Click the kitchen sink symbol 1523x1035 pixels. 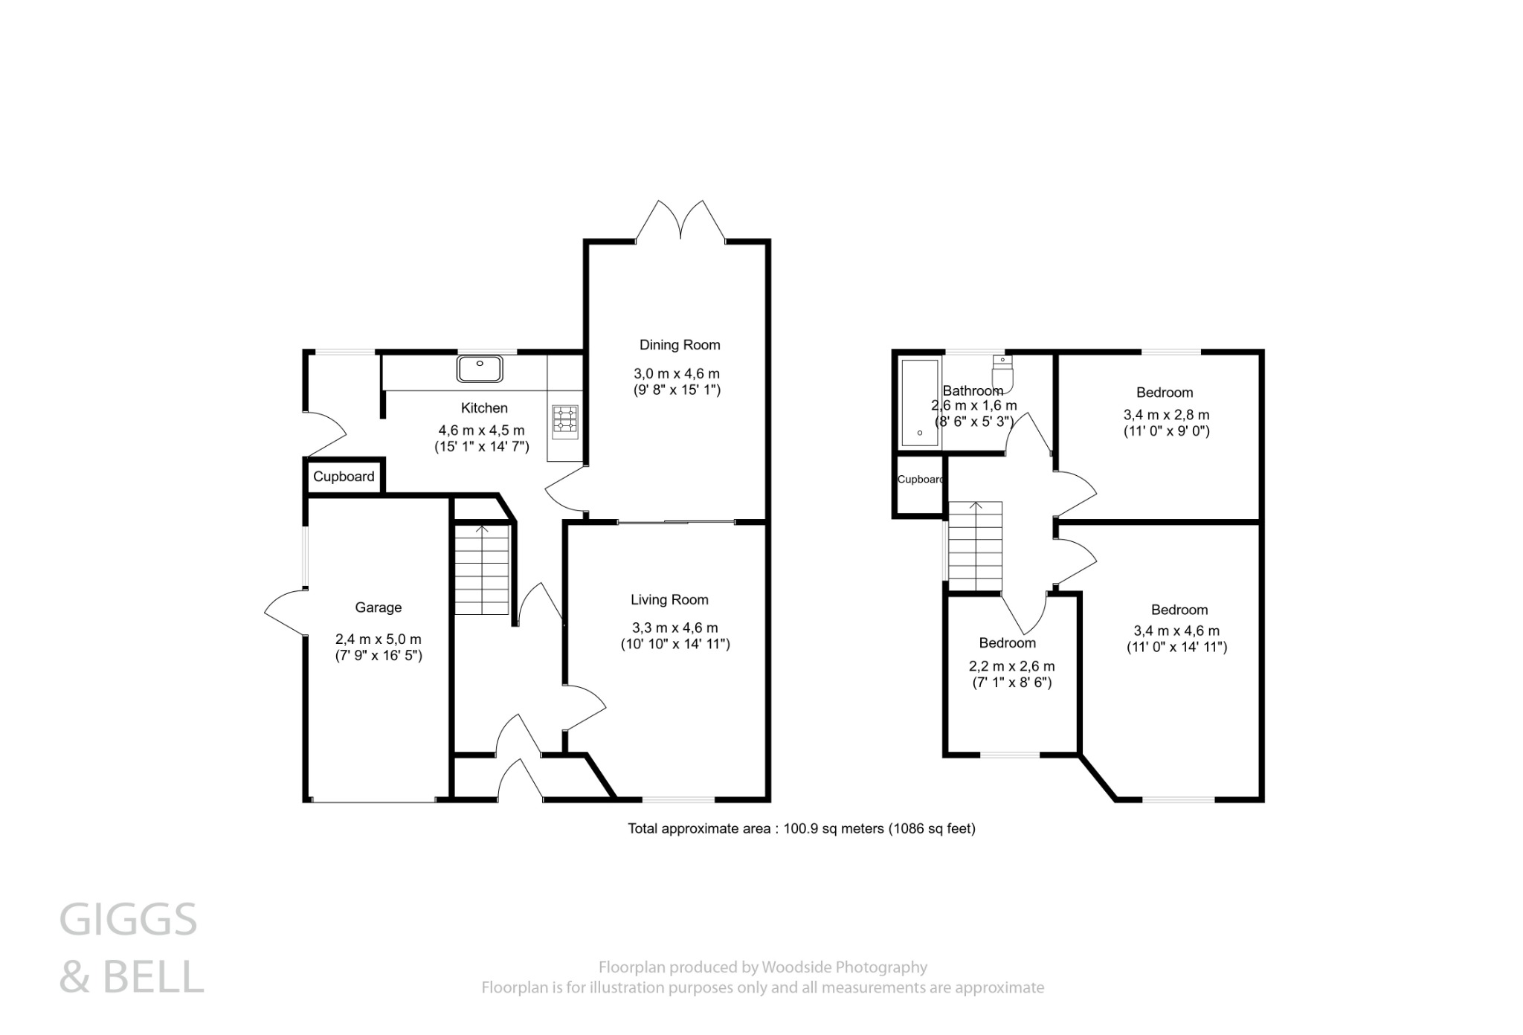click(480, 369)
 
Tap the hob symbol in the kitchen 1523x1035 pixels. click(564, 419)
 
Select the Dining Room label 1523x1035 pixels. click(680, 345)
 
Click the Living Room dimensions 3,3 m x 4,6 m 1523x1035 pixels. click(674, 628)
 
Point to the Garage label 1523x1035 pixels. click(378, 607)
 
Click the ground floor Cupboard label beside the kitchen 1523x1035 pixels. click(344, 477)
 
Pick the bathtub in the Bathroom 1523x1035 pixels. click(919, 402)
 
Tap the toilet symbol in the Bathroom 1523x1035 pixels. click(1002, 373)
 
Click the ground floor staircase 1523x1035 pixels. click(482, 569)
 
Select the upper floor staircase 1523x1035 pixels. click(975, 546)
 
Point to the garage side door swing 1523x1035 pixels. click(285, 612)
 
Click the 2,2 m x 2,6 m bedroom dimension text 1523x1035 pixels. click(1012, 666)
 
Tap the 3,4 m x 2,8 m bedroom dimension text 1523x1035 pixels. click(1166, 415)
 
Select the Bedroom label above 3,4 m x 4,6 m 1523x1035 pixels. click(1179, 610)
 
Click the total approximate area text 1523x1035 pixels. click(801, 828)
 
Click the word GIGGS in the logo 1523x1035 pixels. click(128, 920)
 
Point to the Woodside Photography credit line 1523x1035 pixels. click(762, 967)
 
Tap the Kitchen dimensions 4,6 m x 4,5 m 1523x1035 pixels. click(481, 431)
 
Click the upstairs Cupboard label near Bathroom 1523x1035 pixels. click(920, 480)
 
